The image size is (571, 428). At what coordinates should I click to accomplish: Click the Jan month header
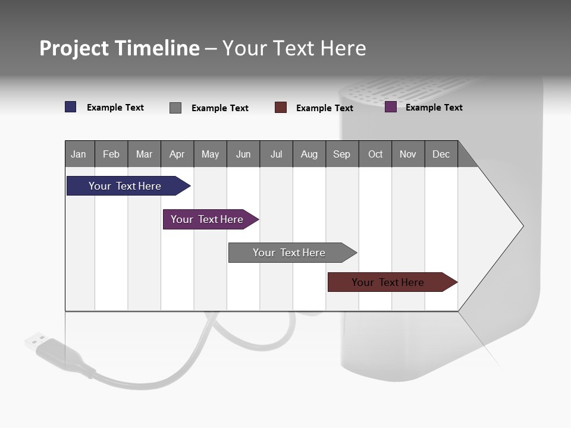(79, 154)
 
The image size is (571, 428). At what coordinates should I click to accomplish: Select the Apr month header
(177, 154)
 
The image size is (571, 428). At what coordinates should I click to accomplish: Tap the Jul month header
(276, 154)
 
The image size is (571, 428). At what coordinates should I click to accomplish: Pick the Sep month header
(341, 154)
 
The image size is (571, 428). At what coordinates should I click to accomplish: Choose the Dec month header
(441, 154)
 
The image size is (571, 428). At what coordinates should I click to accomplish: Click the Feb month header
(111, 154)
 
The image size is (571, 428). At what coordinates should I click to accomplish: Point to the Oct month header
(375, 154)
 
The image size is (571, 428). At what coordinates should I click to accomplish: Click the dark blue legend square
(71, 107)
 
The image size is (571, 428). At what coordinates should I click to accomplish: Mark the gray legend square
(175, 108)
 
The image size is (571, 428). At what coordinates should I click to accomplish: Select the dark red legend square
(281, 108)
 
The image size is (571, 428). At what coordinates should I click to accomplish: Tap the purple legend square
(391, 107)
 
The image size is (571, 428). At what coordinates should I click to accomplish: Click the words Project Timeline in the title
(120, 48)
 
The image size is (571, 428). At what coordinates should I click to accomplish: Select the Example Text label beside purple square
(434, 108)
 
